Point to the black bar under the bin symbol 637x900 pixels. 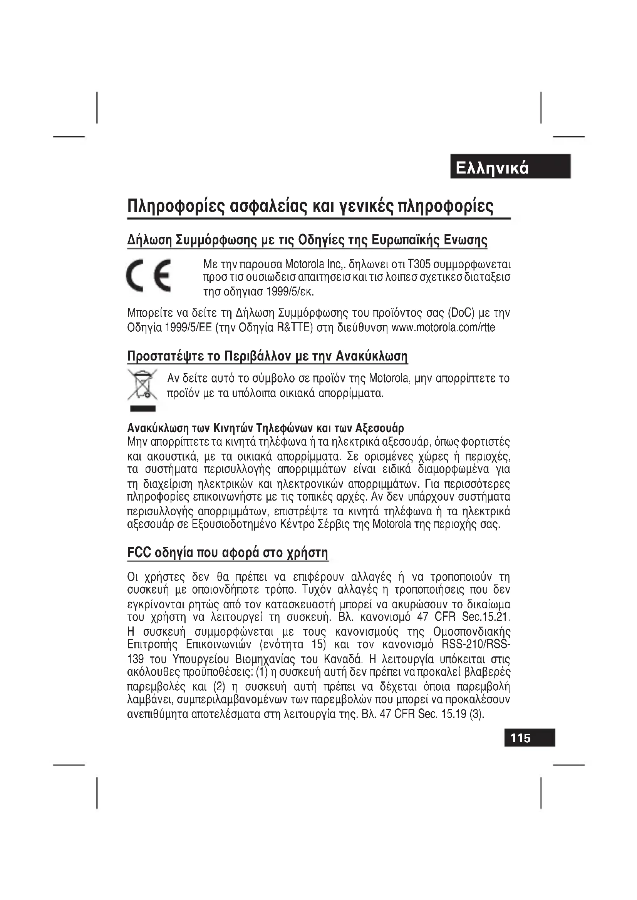[143, 409]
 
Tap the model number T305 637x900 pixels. [419, 264]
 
